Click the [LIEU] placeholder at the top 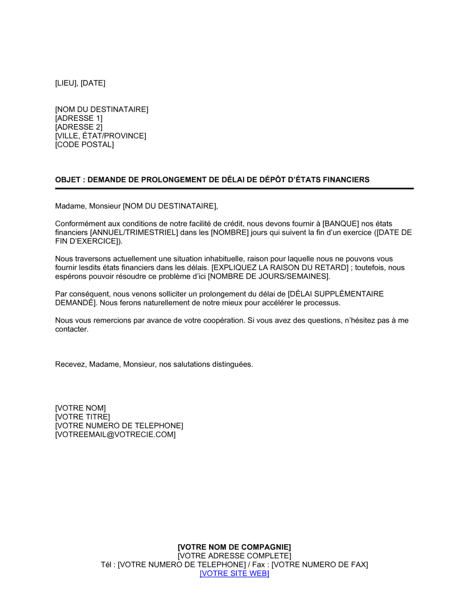[66, 83]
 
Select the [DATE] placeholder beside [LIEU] [93, 83]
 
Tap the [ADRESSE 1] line [78, 118]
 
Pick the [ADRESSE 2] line [78, 127]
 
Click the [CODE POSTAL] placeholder [84, 144]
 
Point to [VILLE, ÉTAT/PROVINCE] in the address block [100, 136]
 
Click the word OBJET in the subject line [68, 180]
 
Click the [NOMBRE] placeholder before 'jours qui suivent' [229, 233]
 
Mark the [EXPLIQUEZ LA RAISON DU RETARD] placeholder [274, 268]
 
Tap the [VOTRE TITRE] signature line [82, 417]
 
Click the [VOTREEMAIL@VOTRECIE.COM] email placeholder [115, 435]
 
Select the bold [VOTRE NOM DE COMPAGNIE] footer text [234, 547]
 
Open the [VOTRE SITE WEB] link [234, 574]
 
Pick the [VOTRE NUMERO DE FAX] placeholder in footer [319, 565]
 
